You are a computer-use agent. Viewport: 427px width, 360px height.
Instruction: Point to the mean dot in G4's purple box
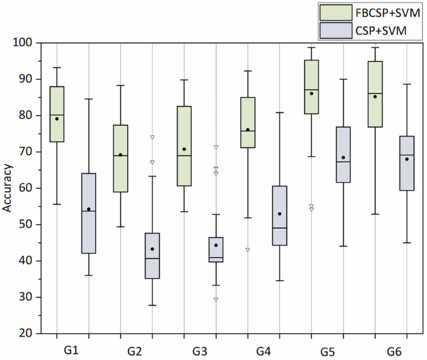279,214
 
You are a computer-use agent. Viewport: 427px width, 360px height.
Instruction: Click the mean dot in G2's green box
120,154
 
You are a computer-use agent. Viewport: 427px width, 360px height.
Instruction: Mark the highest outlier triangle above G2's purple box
152,137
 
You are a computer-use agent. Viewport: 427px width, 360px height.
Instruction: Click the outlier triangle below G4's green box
247,250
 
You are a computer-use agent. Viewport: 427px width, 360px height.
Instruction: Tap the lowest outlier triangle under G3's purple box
216,300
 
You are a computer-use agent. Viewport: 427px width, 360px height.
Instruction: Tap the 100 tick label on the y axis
25,43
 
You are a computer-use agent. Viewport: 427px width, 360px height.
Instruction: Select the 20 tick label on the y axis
27,334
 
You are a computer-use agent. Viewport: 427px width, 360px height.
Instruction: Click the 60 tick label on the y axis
27,188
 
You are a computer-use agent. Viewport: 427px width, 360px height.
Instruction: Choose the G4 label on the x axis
263,351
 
